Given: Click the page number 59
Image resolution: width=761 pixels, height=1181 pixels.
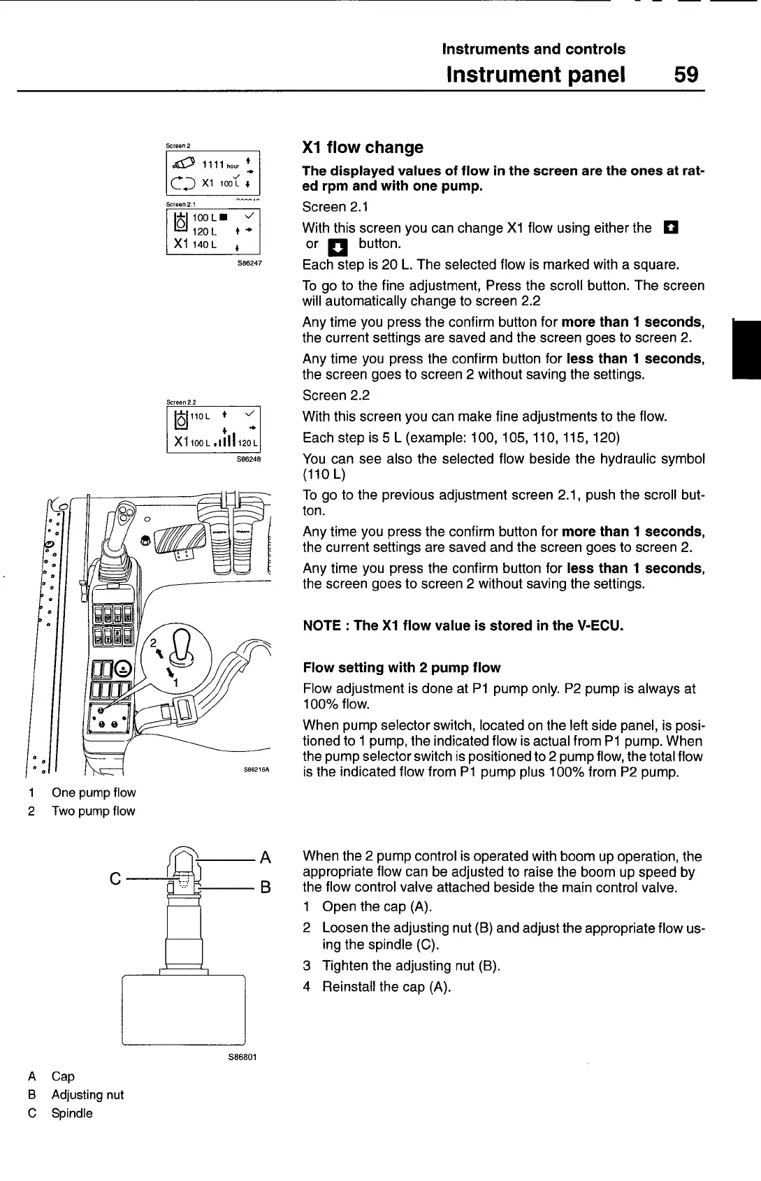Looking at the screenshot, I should click(x=686, y=74).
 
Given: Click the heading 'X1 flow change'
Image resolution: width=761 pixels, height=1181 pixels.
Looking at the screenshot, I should click(x=363, y=147).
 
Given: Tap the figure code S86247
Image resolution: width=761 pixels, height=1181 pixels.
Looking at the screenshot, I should click(x=249, y=265).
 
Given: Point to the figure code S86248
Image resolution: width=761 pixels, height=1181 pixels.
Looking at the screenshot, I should click(x=249, y=461).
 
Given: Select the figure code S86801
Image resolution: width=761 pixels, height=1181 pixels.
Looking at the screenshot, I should click(x=242, y=1057).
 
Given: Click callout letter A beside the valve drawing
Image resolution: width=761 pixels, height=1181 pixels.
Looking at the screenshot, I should click(x=265, y=857).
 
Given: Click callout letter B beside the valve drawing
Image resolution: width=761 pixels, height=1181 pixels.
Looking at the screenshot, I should click(x=265, y=887).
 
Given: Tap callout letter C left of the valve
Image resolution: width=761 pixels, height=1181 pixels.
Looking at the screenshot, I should click(x=115, y=878).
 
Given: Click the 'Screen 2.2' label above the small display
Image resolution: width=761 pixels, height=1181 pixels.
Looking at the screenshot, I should click(x=181, y=403).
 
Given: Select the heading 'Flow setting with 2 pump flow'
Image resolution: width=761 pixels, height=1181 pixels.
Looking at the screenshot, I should click(x=402, y=667).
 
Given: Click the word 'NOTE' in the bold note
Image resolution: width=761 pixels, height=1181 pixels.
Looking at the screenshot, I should click(x=323, y=625).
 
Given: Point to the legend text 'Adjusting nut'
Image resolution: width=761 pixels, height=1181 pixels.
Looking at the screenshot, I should click(x=87, y=1095).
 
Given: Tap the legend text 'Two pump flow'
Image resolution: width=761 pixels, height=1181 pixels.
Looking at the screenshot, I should click(x=93, y=811).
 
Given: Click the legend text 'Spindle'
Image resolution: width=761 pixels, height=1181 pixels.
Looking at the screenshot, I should click(x=72, y=1113).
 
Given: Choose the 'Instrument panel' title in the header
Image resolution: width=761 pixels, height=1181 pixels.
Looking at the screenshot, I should click(x=535, y=74).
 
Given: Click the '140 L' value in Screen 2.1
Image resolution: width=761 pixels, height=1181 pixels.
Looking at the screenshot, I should click(x=205, y=245).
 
